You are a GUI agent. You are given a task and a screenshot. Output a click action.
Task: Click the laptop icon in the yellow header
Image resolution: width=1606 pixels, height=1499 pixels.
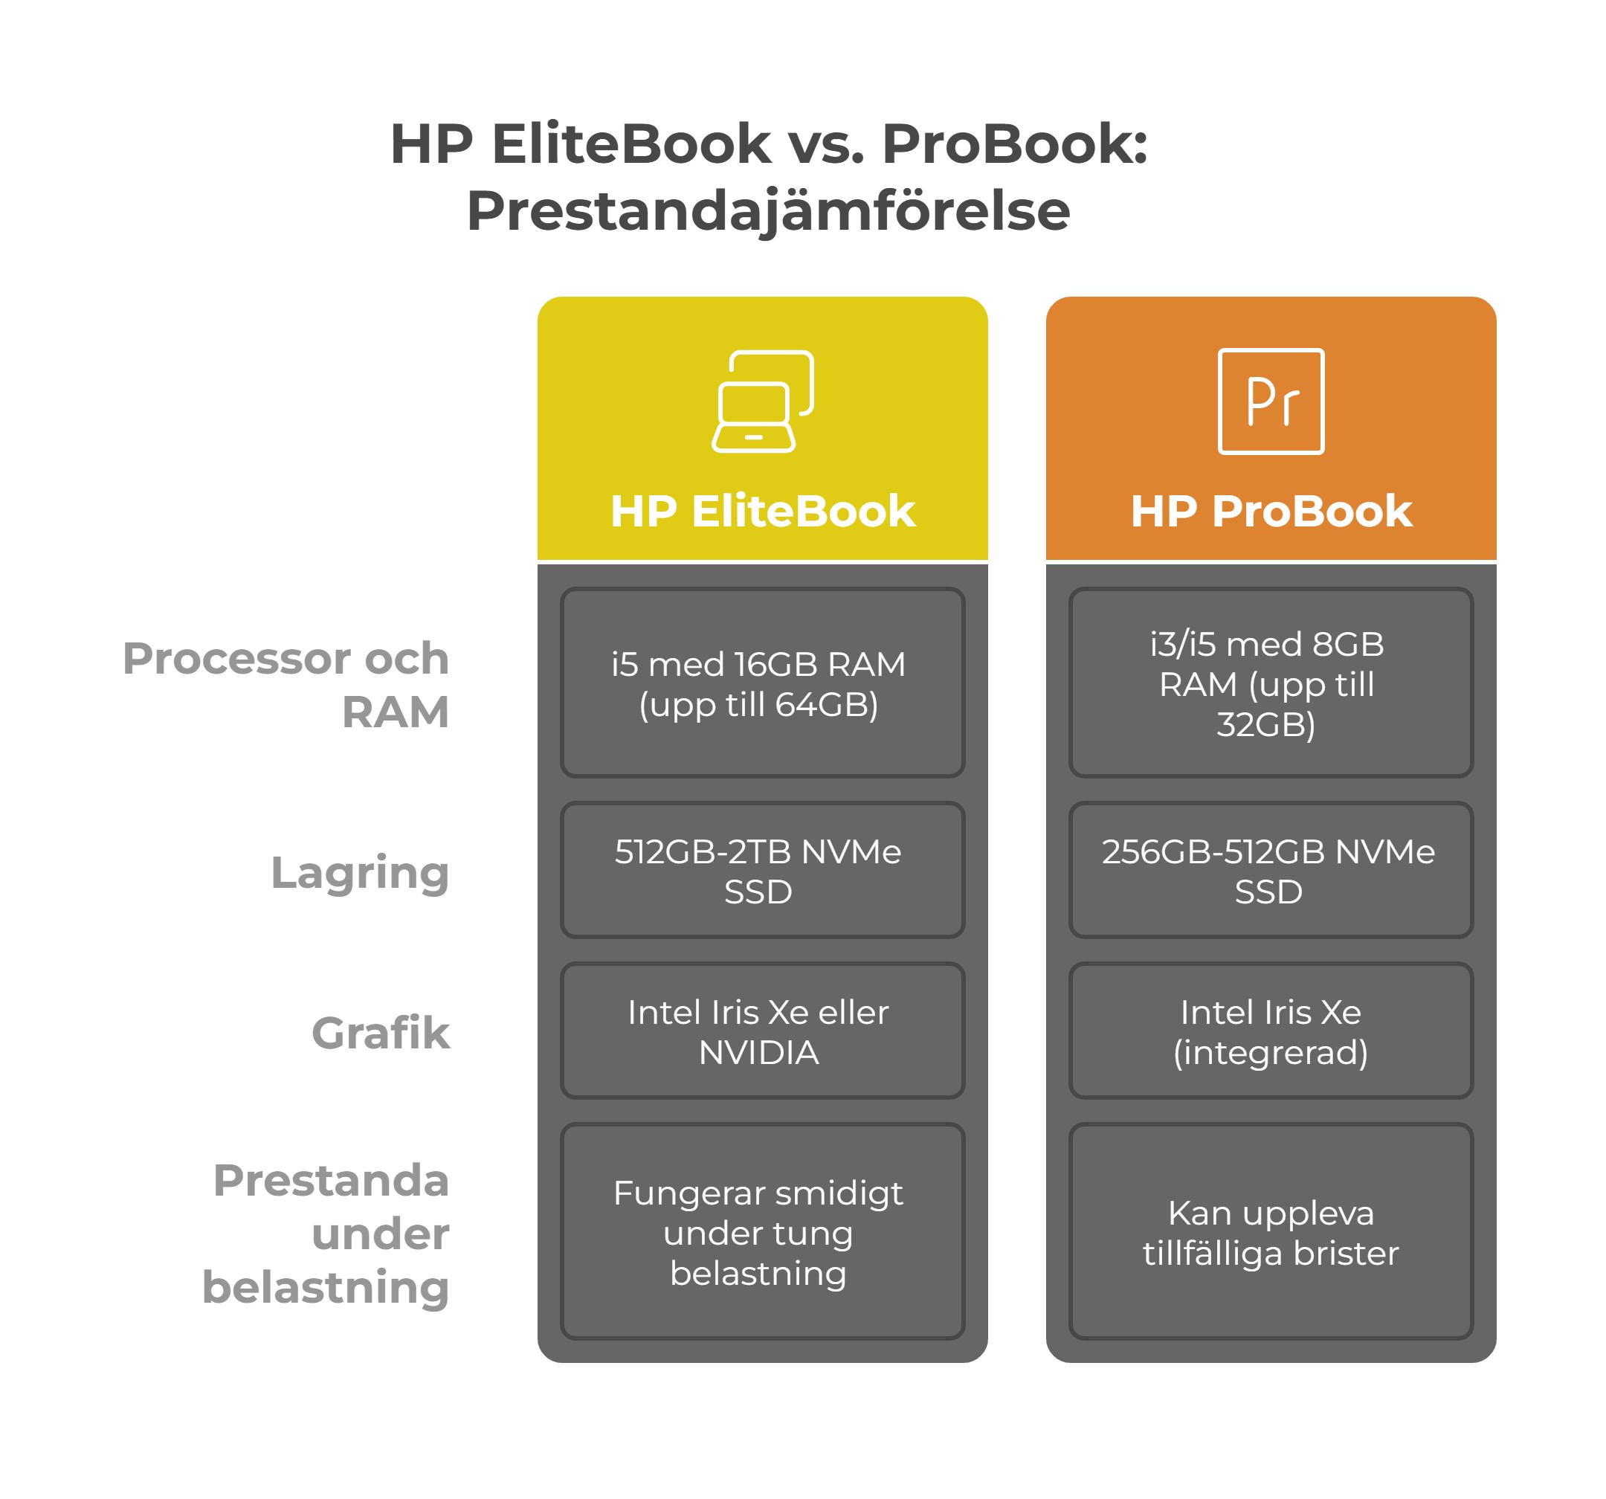763,402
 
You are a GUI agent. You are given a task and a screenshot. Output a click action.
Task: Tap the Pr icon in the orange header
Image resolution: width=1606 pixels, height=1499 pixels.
1271,402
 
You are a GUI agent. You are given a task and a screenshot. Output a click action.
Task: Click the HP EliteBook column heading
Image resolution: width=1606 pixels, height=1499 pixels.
763,512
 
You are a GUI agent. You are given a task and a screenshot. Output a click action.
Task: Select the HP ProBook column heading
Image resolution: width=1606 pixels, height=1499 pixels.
1271,512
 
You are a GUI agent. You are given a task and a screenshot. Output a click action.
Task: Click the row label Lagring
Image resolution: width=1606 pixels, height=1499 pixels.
360,874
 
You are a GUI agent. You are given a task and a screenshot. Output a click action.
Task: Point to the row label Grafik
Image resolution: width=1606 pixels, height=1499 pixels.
381,1034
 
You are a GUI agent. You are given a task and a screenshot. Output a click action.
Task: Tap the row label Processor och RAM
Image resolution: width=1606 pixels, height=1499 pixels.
286,686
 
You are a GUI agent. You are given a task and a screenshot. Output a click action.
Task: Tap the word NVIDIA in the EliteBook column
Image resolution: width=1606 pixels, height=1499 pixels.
758,1053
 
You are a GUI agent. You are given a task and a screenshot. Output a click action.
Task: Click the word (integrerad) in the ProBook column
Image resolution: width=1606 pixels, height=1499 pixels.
1271,1053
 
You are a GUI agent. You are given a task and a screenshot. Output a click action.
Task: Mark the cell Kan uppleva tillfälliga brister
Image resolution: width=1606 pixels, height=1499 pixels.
1271,1232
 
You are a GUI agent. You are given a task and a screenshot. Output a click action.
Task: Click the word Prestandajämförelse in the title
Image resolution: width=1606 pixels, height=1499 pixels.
768,212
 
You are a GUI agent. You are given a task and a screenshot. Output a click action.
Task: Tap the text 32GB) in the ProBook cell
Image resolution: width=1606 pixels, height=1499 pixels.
1266,725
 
